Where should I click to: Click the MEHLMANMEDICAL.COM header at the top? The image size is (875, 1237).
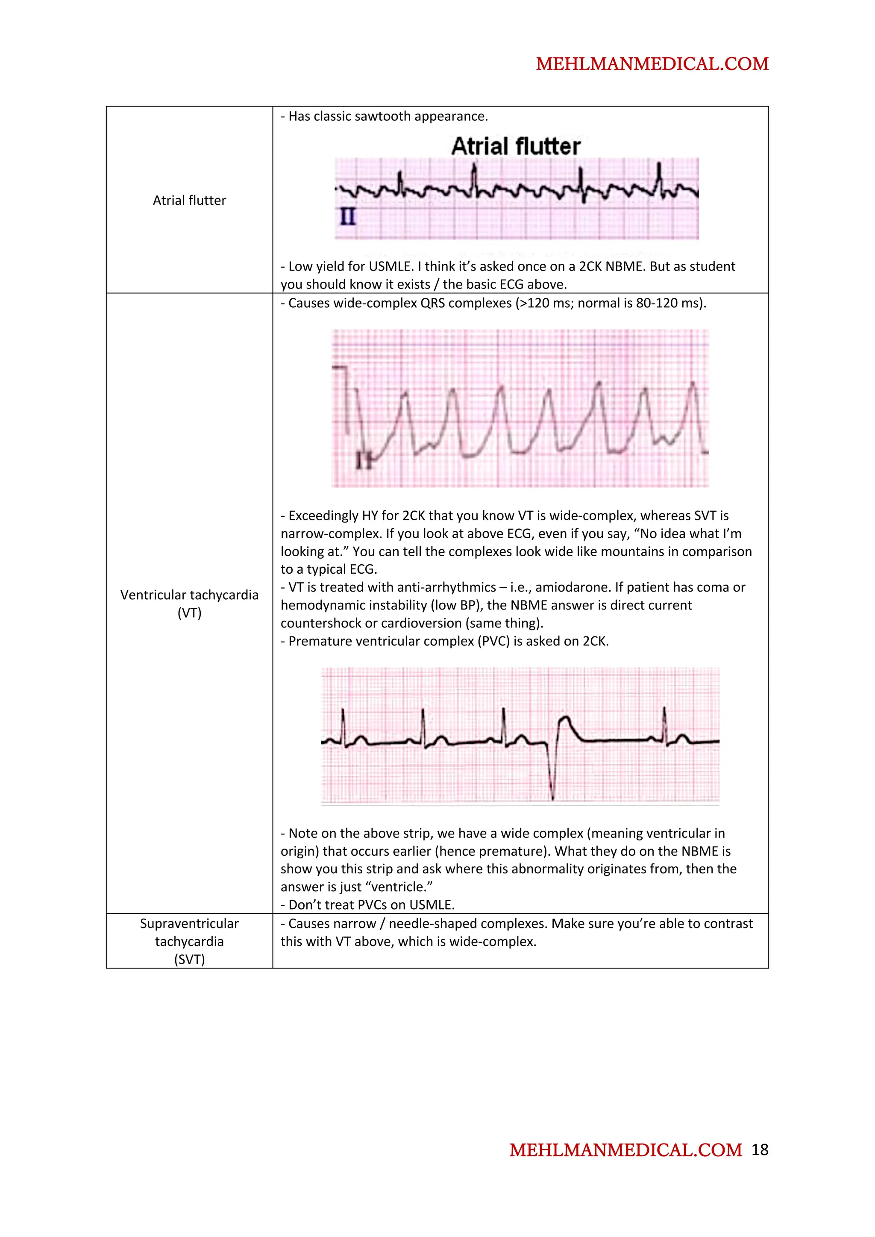pyautogui.click(x=652, y=64)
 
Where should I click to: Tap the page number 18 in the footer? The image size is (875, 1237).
pyautogui.click(x=760, y=1150)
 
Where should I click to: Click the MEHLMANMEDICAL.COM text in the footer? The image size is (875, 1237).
pyautogui.click(x=625, y=1151)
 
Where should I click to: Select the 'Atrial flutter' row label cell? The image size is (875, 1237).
pyautogui.click(x=189, y=201)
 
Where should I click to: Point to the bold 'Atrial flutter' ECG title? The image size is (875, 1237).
pyautogui.click(x=516, y=146)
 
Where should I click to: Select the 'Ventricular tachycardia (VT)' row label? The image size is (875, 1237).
pyautogui.click(x=189, y=604)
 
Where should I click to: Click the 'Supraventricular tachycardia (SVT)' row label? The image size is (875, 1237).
pyautogui.click(x=189, y=941)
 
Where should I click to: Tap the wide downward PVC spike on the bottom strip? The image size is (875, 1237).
pyautogui.click(x=552, y=776)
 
